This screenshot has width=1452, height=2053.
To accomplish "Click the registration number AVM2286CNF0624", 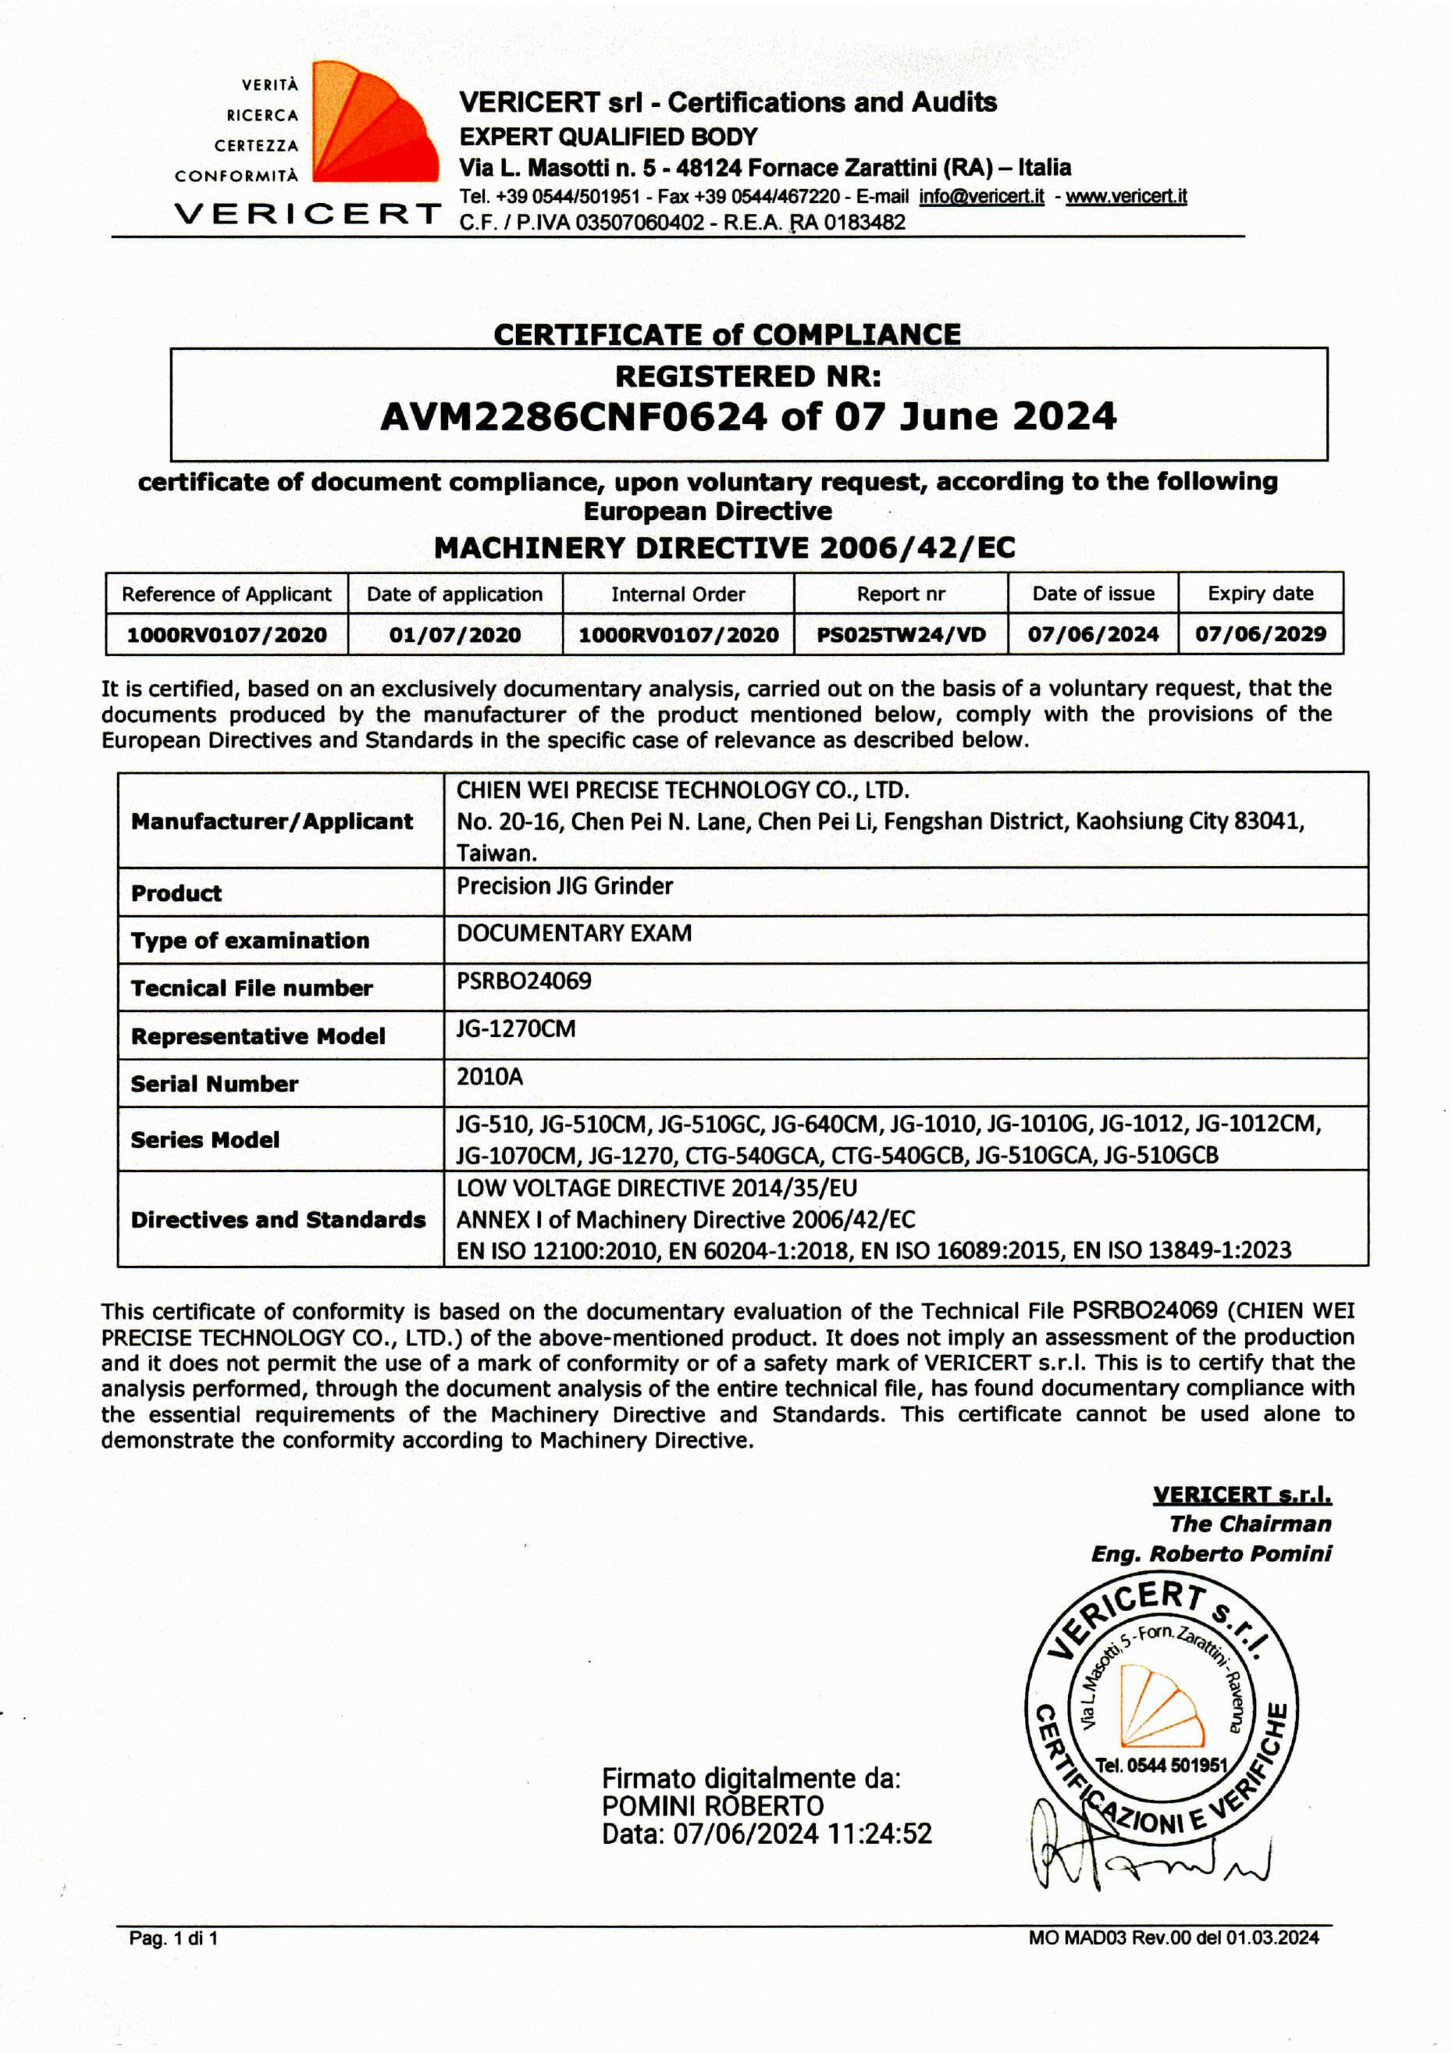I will (573, 418).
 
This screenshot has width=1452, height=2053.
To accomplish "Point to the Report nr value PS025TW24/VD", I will (900, 635).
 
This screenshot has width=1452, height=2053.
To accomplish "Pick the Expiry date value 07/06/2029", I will (1260, 635).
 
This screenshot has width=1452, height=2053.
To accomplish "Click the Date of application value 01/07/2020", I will (454, 636).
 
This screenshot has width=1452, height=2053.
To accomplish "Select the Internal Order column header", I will (678, 594).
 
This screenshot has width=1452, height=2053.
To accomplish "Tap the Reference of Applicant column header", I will (226, 594).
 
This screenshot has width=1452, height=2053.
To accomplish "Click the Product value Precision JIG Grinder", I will (564, 886).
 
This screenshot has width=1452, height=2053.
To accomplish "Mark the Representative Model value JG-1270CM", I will (516, 1029).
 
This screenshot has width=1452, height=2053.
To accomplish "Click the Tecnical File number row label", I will (251, 988).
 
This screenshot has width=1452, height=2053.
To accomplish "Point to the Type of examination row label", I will (250, 941).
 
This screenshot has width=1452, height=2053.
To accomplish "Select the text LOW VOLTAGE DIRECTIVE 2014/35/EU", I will (657, 1189).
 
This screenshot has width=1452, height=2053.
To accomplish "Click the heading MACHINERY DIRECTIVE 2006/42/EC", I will (724, 547).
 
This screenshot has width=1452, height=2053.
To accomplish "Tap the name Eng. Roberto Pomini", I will (1211, 1554).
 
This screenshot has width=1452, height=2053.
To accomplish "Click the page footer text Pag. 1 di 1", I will (173, 1938).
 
